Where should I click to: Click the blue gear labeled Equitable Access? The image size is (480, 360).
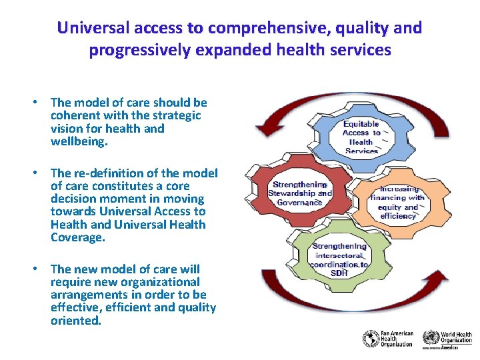361,137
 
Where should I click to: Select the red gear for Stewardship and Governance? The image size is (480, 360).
299,193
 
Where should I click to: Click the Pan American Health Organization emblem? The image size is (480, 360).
371,339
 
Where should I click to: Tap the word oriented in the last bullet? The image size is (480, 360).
75,320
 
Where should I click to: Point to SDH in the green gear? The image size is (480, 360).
339,273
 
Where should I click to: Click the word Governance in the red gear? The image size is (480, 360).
299,202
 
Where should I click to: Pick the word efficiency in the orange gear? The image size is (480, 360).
397,216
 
